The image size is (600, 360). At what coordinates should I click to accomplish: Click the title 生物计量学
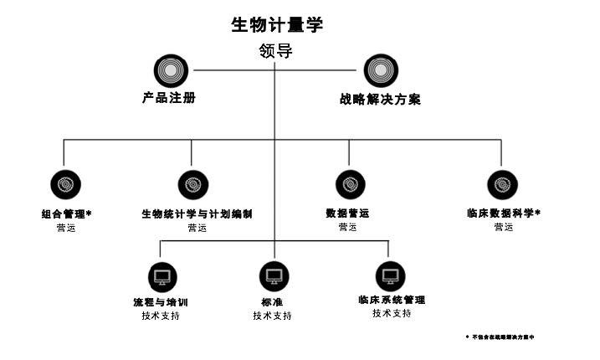pos(276,25)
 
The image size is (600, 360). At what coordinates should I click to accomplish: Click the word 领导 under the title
pos(276,52)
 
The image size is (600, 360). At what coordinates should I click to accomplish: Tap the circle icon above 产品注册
pos(171,71)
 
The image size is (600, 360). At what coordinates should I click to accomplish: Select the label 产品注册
pos(169,98)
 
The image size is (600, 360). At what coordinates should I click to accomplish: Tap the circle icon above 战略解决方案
pos(381,71)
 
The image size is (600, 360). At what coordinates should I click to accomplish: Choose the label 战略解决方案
pos(380,99)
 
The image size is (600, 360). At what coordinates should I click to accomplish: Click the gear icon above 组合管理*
pos(65,185)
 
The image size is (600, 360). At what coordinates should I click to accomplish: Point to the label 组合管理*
pos(66,213)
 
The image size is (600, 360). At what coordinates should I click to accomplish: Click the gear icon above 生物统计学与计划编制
pos(192,185)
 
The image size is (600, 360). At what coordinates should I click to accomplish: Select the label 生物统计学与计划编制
pos(197,213)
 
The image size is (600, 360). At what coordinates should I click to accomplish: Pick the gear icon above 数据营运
pos(350,185)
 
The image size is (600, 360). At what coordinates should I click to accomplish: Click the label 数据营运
pos(347,213)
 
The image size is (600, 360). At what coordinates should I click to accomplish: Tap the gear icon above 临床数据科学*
pos(502,185)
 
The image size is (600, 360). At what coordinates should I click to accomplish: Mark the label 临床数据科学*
pos(504,213)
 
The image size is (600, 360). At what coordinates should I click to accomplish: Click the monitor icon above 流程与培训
pos(162,276)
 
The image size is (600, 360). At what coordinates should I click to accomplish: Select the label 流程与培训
pos(161,301)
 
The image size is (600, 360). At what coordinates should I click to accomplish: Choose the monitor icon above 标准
pos(274,276)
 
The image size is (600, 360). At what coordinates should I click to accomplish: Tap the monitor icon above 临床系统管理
pos(390,276)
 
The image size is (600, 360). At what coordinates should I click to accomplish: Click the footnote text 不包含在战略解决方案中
pos(502,337)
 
